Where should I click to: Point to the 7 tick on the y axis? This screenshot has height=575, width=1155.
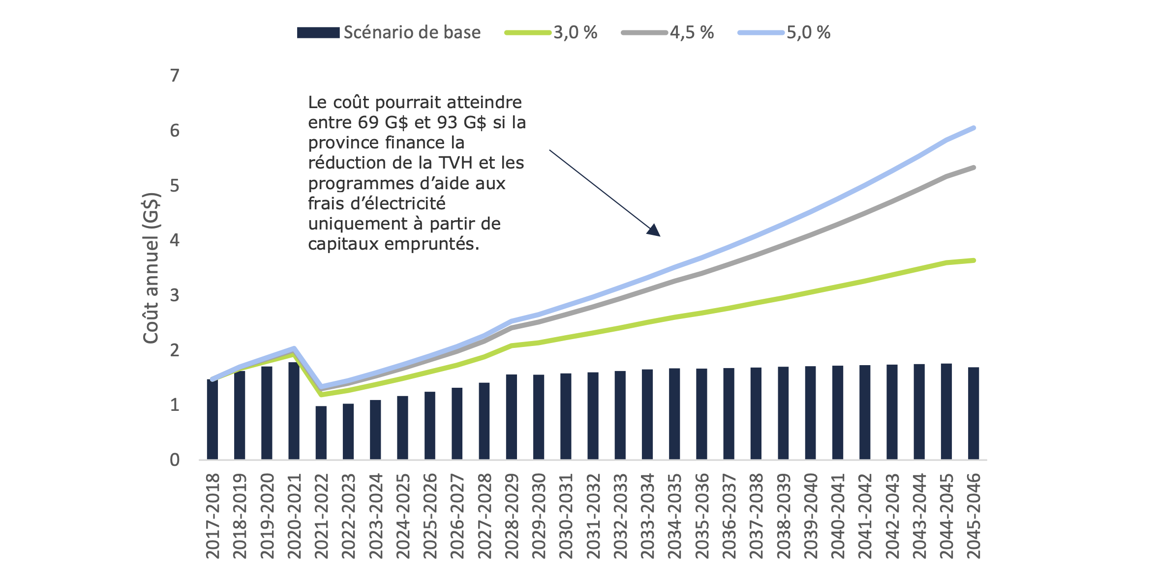[x=175, y=76]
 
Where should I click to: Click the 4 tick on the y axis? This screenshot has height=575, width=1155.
[x=175, y=240]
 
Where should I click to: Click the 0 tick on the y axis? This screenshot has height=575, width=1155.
[x=175, y=460]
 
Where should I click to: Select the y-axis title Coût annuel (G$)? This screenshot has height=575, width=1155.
[x=151, y=268]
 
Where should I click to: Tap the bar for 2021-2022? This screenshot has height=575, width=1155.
[x=321, y=432]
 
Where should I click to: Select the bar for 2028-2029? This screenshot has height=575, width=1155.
[x=512, y=417]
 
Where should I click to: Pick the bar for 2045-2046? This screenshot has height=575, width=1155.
[x=973, y=413]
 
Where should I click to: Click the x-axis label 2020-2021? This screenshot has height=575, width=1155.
[x=294, y=516]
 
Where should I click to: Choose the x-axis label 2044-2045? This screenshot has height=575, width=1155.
[x=946, y=516]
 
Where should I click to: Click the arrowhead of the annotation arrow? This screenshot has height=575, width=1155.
[x=654, y=230]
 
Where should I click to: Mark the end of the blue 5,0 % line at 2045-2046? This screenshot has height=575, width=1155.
[x=973, y=128]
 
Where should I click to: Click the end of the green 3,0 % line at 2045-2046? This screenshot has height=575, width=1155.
[x=973, y=260]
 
